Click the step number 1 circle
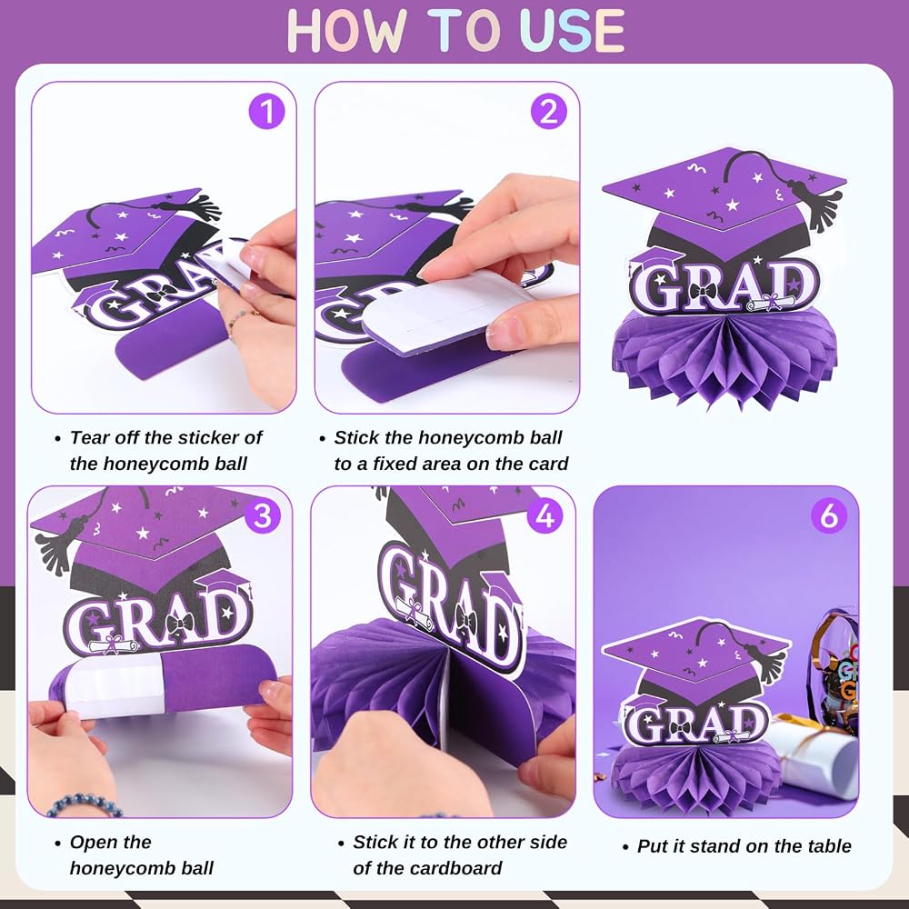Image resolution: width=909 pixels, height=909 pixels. [x=266, y=111]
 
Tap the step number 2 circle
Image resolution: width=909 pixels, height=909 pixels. [x=548, y=111]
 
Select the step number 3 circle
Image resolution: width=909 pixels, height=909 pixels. [x=263, y=515]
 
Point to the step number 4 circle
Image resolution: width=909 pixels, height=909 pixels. [x=544, y=515]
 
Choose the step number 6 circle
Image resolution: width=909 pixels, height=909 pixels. [x=829, y=514]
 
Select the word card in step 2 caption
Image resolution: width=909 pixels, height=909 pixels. [x=548, y=464]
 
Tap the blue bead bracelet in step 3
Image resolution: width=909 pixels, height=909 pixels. [x=83, y=804]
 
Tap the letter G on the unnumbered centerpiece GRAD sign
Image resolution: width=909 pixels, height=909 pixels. [x=660, y=289]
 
